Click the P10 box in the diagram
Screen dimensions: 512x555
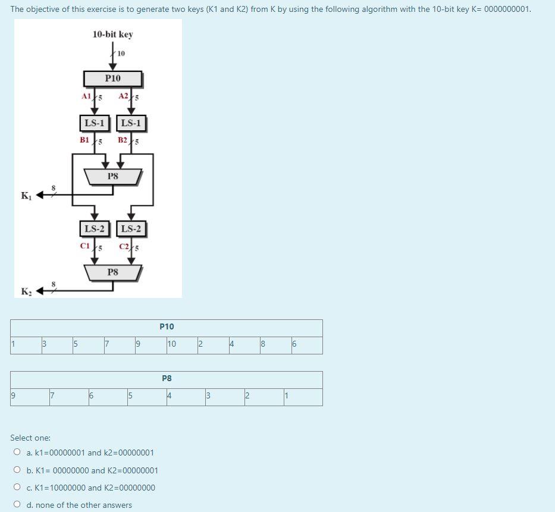click(112, 78)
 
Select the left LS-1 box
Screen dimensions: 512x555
click(94, 124)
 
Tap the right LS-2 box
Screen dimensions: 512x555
click(131, 229)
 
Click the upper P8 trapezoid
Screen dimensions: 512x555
click(112, 177)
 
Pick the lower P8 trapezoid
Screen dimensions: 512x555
click(112, 272)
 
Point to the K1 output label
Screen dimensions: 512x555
click(26, 196)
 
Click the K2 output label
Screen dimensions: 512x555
click(26, 291)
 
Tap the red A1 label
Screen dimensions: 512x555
click(86, 96)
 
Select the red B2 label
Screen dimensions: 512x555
click(123, 140)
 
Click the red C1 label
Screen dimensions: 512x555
click(84, 246)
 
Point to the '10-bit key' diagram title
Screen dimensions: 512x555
click(112, 34)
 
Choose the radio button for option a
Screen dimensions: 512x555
click(17, 453)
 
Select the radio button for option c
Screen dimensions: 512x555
click(17, 488)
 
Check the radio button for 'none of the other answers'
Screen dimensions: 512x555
click(17, 505)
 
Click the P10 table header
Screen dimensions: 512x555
click(167, 326)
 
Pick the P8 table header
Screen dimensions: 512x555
click(167, 378)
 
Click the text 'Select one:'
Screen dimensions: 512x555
click(30, 438)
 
